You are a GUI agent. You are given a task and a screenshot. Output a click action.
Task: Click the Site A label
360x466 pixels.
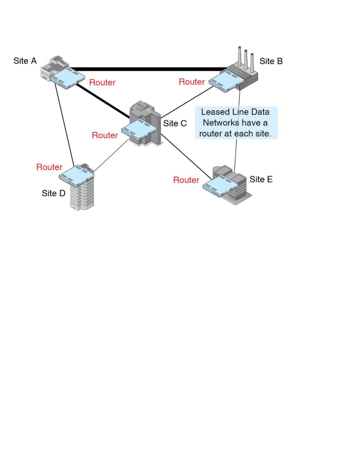point(25,61)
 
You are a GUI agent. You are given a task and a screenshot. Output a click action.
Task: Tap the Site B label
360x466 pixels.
point(271,61)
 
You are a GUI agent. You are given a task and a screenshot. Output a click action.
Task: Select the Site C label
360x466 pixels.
point(175,123)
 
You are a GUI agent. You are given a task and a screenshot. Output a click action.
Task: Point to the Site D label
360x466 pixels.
point(53,193)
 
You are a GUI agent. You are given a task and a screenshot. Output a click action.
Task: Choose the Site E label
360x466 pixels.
point(261,179)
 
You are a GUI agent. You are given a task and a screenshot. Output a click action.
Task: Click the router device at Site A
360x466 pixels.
point(68,78)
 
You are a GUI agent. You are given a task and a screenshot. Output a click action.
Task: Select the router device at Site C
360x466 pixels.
point(138,130)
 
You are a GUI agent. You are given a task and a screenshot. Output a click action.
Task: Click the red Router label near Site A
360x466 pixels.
point(102,83)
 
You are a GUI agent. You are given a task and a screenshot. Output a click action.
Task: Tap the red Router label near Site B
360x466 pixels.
point(192,82)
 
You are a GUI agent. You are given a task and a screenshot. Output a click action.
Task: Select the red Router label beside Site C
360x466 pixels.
point(105,136)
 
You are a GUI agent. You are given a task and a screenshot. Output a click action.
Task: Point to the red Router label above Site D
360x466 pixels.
point(49,167)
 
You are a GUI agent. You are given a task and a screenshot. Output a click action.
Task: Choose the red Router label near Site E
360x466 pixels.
point(186,180)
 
